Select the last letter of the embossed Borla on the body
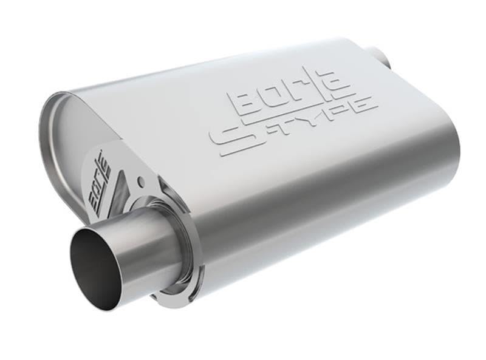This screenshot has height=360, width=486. click(338, 83)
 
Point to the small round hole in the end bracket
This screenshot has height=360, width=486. click(141, 180)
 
